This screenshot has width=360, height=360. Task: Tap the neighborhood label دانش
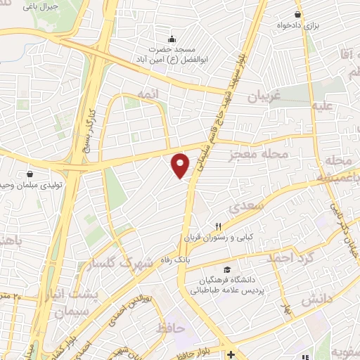tap(316, 300)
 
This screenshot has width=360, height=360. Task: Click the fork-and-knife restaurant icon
tap(217, 226)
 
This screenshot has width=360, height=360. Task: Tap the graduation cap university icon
tap(226, 270)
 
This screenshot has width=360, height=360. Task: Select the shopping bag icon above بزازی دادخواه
tap(299, 14)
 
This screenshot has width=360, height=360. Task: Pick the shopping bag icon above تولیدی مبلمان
tap(29, 174)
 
